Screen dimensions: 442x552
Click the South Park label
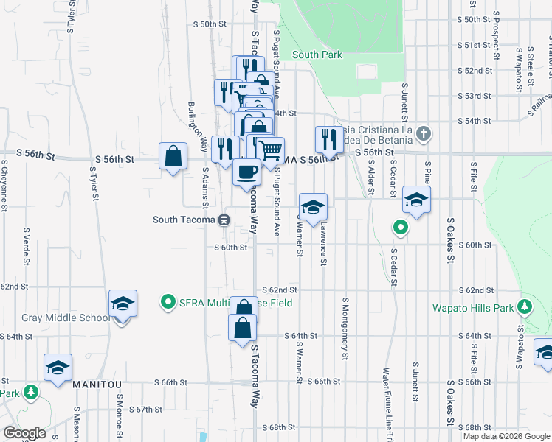coord(317,55)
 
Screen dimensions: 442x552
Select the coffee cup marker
coord(246,172)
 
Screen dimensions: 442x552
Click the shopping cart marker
coord(271,150)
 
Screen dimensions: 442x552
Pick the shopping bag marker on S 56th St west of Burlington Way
coord(173,156)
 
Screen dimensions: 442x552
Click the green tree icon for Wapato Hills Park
coord(525,306)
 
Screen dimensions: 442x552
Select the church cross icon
coord(422,134)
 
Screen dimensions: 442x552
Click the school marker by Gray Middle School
coord(123,304)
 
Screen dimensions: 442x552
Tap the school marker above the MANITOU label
coord(58,368)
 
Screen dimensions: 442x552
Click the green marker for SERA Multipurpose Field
coord(168,302)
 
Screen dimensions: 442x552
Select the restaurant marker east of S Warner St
coord(328,138)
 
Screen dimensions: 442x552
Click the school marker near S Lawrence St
coord(313,206)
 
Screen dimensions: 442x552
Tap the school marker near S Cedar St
coord(416,200)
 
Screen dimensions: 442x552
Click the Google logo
coord(24,433)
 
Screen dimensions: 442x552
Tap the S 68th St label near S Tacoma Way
coord(277,427)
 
